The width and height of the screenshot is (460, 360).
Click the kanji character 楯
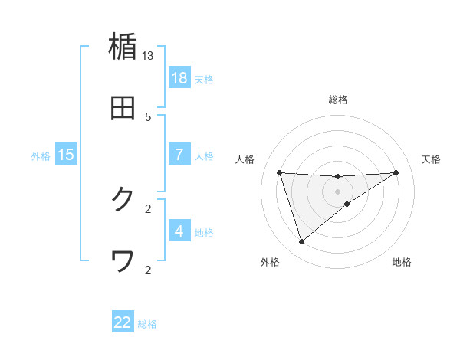pos(123,47)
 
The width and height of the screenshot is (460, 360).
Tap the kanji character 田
pos(123,108)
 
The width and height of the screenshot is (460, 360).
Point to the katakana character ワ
pos(123,261)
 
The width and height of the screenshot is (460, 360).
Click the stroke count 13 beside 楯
pos(148,56)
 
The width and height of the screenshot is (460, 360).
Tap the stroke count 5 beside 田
pos(148,116)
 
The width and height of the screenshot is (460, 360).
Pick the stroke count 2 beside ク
pos(148,208)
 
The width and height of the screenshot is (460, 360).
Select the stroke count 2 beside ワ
pos(148,270)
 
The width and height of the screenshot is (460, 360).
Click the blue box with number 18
pos(179,78)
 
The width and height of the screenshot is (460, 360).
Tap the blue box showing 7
pos(179,155)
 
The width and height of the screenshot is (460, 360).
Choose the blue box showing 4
pos(179,231)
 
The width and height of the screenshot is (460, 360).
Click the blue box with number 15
pos(66,155)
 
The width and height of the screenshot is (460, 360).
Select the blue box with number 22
pos(123,322)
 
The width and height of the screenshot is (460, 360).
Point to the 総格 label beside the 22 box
pos(147,324)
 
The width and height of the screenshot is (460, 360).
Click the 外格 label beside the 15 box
pos(41,156)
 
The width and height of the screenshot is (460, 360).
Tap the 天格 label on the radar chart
pos(432,159)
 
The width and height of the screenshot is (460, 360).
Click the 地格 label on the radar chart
pos(402,262)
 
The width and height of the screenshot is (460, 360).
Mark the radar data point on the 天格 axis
pos(396,172)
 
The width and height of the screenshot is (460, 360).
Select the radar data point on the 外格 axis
pos(301,242)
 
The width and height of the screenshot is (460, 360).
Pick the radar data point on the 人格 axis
pos(280,172)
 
